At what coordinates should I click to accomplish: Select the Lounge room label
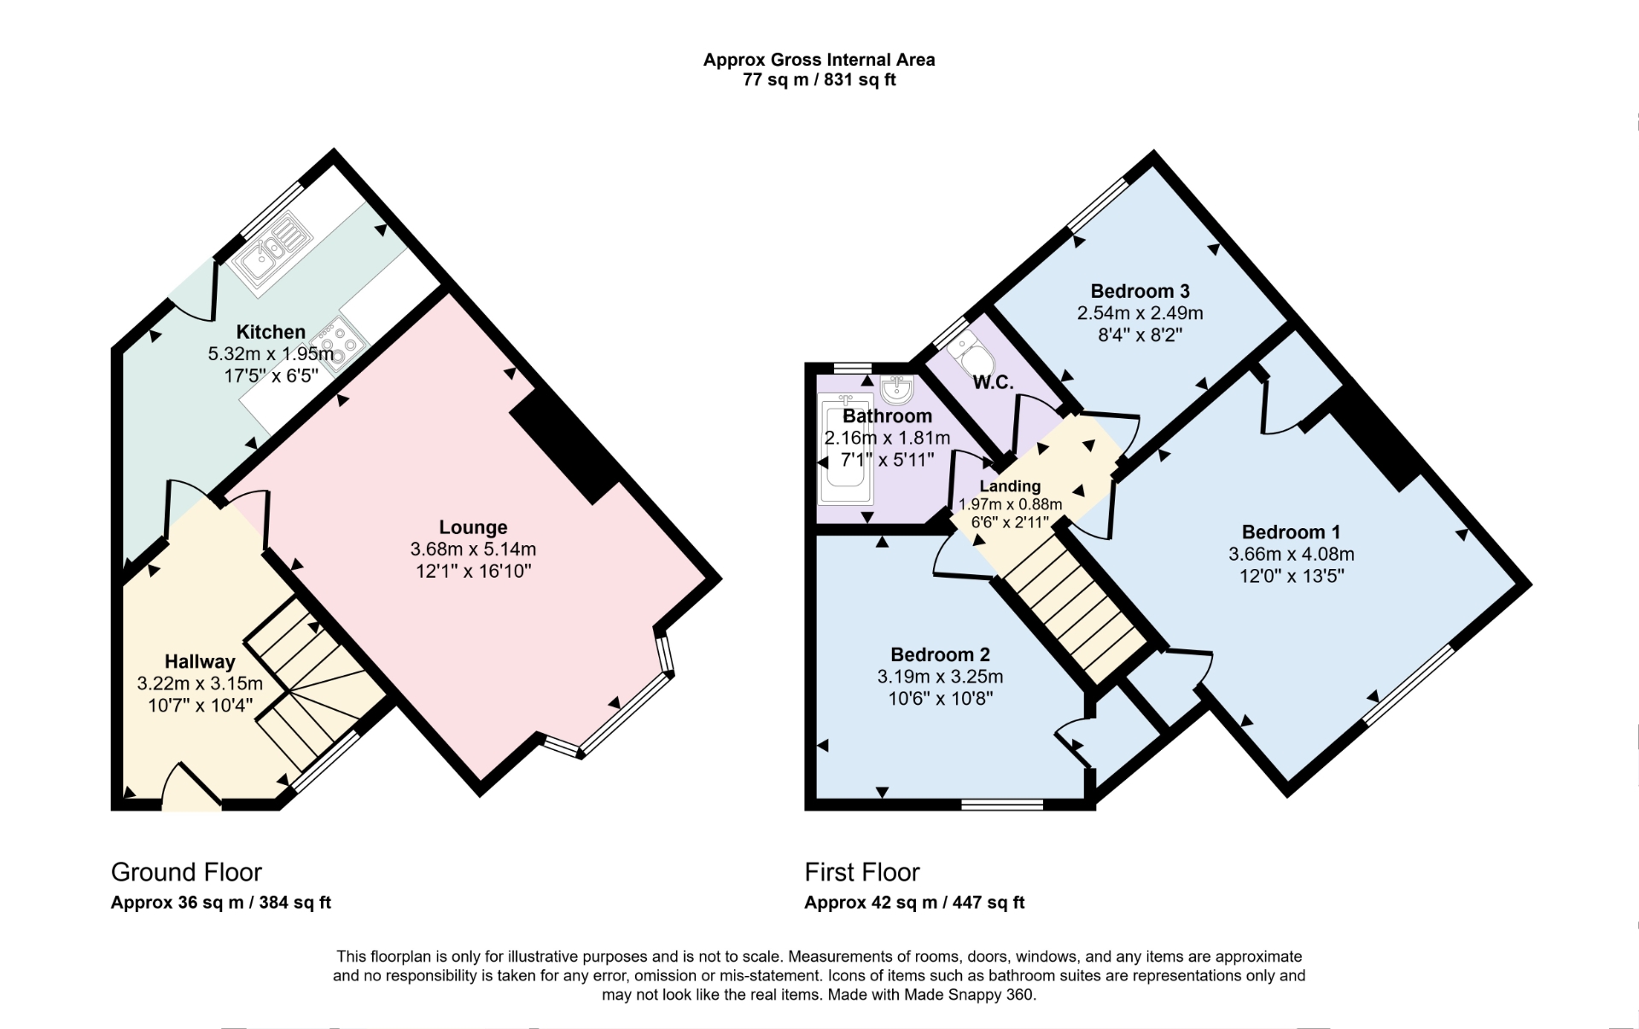473,527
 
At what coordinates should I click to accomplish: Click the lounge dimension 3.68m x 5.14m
473,549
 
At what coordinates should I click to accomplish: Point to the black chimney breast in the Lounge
564,446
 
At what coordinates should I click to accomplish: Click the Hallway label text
200,661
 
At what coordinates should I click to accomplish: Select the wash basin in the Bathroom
896,390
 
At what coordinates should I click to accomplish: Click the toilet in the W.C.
969,354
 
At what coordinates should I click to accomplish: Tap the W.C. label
993,383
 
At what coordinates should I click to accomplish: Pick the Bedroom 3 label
1140,291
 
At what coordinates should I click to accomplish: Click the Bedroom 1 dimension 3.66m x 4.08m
1291,554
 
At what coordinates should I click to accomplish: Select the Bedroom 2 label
940,654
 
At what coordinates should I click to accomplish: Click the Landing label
1010,486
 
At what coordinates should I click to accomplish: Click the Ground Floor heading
186,872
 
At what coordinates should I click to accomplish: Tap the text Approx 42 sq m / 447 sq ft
914,903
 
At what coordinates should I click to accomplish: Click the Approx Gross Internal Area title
819,60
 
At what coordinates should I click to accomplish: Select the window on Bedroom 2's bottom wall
1002,804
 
